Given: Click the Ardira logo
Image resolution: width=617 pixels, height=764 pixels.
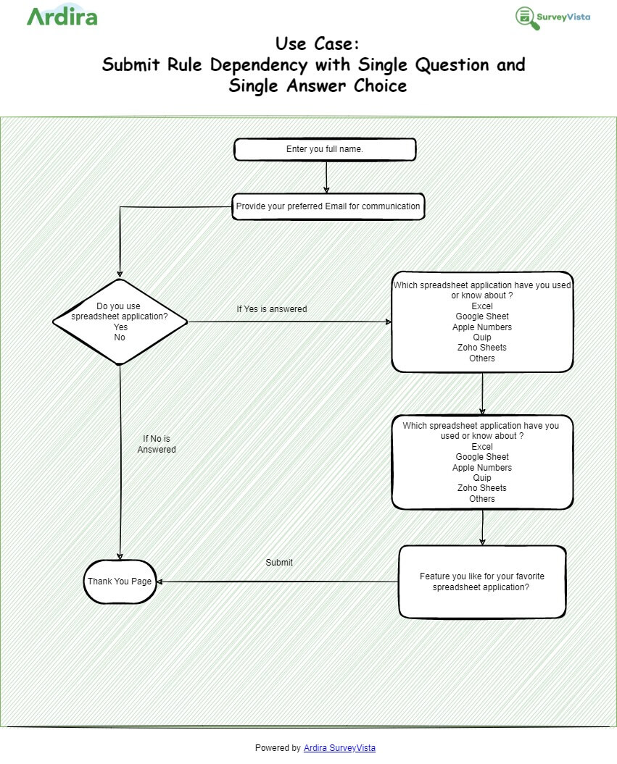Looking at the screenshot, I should point(62,16).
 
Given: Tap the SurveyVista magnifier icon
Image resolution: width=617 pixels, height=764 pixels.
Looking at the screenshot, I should point(527,18).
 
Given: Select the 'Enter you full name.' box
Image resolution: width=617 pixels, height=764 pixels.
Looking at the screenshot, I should point(325,149).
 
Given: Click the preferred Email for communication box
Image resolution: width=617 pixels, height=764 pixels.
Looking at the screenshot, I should point(328,206).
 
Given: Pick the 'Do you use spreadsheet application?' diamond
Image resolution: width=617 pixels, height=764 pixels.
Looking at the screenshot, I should point(120,322).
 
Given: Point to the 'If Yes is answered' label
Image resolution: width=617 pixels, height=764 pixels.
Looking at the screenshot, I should point(272,309).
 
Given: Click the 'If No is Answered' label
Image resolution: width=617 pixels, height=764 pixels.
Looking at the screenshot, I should point(157,444).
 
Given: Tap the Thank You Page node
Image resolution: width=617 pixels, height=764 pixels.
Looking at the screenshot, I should point(120,582).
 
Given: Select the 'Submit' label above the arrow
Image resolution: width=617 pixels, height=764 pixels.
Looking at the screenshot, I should point(279,563).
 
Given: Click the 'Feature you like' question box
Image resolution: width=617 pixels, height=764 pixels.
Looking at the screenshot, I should point(482,582).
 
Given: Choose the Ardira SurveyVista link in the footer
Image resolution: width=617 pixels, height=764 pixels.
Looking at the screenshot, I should point(339,748).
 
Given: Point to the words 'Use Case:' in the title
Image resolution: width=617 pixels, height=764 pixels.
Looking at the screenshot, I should point(317,43).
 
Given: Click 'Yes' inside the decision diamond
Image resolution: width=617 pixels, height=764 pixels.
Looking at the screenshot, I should point(120,327).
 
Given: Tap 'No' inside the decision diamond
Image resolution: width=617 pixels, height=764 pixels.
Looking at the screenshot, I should point(120,337).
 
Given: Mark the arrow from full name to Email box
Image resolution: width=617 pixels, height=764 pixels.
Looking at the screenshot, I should point(326,177).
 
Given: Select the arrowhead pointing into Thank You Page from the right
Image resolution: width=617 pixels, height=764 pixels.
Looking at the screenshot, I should point(161,582).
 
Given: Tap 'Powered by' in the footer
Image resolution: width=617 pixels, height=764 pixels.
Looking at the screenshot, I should point(278,748).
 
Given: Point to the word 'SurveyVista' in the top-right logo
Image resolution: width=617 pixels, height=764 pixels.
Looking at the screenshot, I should point(563,17).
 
